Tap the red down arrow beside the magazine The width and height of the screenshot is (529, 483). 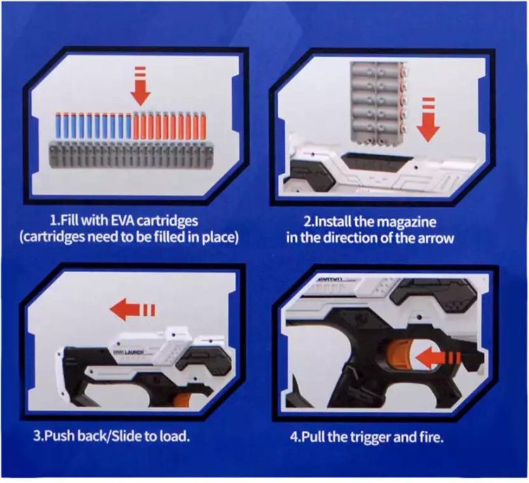[428, 119]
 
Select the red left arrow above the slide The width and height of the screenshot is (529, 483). [133, 310]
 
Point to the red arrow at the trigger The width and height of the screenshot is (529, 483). [437, 358]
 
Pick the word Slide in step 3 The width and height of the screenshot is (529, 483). [126, 436]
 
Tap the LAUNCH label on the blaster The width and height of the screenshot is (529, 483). [134, 353]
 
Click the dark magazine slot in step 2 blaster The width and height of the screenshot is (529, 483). [377, 161]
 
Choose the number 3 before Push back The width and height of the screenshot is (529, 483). [37, 436]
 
